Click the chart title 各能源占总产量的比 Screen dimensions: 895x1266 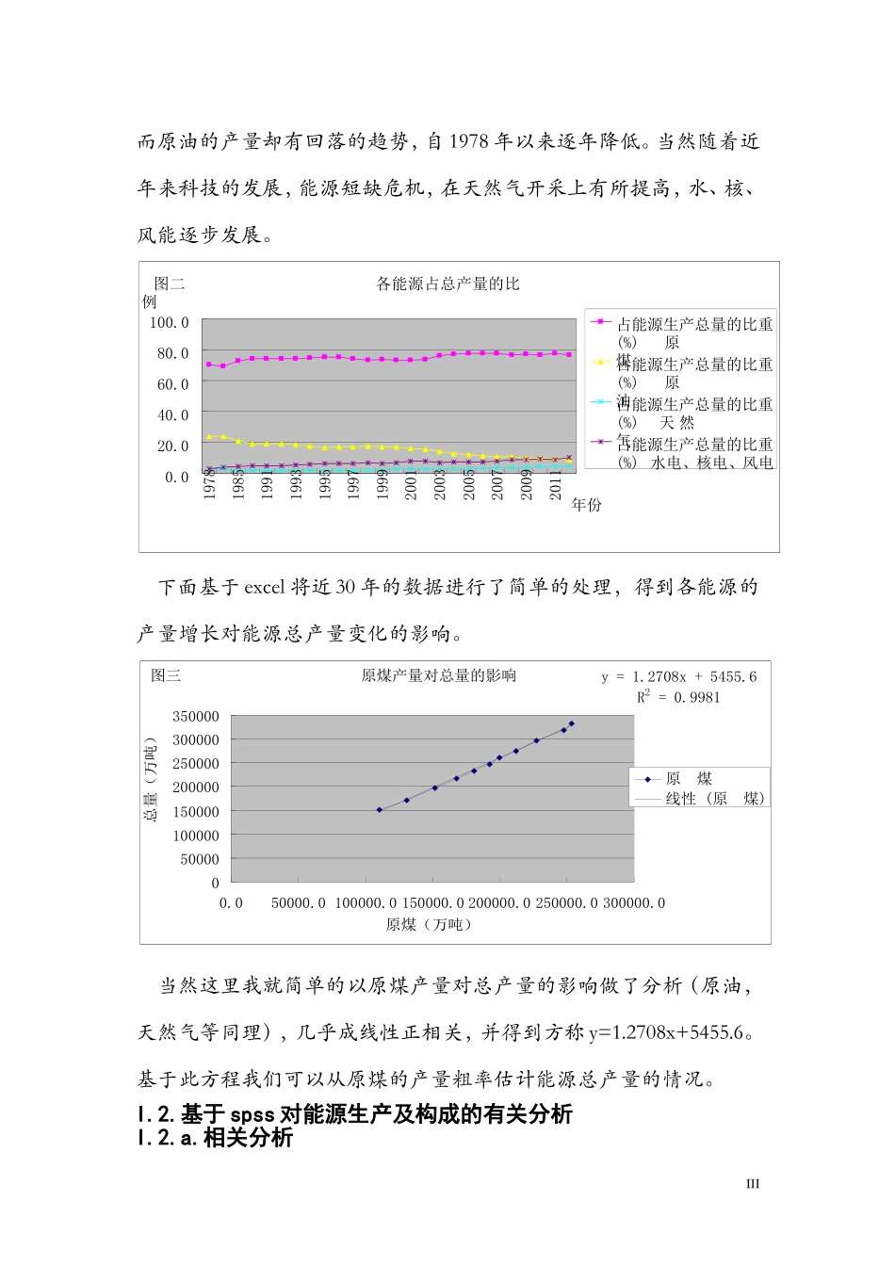pyautogui.click(x=447, y=284)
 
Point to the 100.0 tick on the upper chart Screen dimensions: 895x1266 pyautogui.click(x=170, y=322)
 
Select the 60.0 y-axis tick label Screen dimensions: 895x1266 pyautogui.click(x=172, y=384)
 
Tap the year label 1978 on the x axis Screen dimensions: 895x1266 pyautogui.click(x=210, y=484)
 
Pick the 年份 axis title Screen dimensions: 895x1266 pyautogui.click(x=586, y=505)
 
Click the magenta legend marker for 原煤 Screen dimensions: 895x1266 pyautogui.click(x=601, y=322)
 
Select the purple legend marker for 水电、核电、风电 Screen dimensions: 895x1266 pyautogui.click(x=601, y=442)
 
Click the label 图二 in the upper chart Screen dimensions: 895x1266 pyautogui.click(x=170, y=283)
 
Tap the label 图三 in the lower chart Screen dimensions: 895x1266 pyautogui.click(x=166, y=675)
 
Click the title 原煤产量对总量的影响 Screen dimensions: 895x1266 pyautogui.click(x=438, y=675)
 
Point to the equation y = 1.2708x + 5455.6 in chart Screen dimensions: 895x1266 pyautogui.click(x=679, y=676)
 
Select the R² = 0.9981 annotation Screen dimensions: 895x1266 pyautogui.click(x=678, y=697)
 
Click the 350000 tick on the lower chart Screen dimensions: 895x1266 pyautogui.click(x=196, y=717)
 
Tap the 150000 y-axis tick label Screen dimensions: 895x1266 pyautogui.click(x=196, y=812)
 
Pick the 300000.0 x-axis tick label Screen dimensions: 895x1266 pyautogui.click(x=634, y=903)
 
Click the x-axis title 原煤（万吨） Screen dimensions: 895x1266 pyautogui.click(x=429, y=924)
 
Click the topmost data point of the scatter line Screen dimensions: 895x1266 pyautogui.click(x=572, y=723)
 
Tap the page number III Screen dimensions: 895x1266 pyautogui.click(x=752, y=1184)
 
